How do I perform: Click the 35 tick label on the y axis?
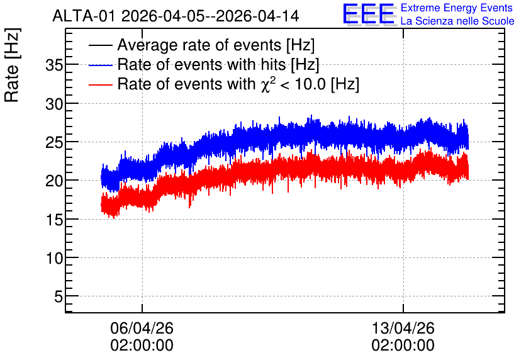[54, 65]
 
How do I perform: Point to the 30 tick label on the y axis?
[54, 104]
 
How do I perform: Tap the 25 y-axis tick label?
[54, 143]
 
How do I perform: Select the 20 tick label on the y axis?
[54, 181]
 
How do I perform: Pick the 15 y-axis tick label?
[54, 220]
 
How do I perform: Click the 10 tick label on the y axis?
[54, 259]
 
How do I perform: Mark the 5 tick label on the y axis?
[59, 297]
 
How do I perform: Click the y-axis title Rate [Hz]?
[12, 65]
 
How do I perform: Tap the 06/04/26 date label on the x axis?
[142, 328]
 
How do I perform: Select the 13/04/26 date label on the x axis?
[403, 328]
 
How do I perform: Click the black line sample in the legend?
[100, 45]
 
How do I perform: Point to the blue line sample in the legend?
[100, 65]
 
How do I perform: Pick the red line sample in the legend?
[100, 84]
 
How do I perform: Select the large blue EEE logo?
[369, 14]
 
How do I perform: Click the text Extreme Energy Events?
[457, 8]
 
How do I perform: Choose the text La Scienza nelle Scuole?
[457, 21]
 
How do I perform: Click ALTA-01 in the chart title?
[85, 16]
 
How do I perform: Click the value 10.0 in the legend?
[310, 84]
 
